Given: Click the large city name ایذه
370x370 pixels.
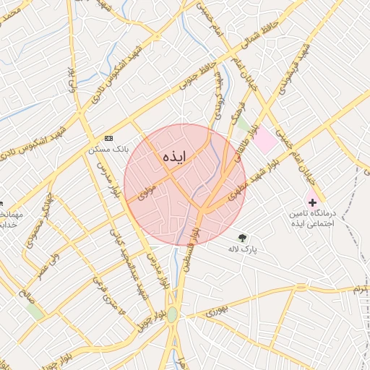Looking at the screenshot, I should pos(175,158).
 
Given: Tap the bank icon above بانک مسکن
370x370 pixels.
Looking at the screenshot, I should pos(109,137).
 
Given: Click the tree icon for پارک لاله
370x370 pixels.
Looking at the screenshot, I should pos(242,236).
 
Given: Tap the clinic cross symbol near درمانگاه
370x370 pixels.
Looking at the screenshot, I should pos(312,202).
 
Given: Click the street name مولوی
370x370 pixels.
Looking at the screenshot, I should pos(147,192).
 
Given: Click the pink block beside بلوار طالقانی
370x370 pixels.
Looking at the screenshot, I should pos(264,138).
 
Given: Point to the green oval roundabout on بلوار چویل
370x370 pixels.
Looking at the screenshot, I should pos(172,314).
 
